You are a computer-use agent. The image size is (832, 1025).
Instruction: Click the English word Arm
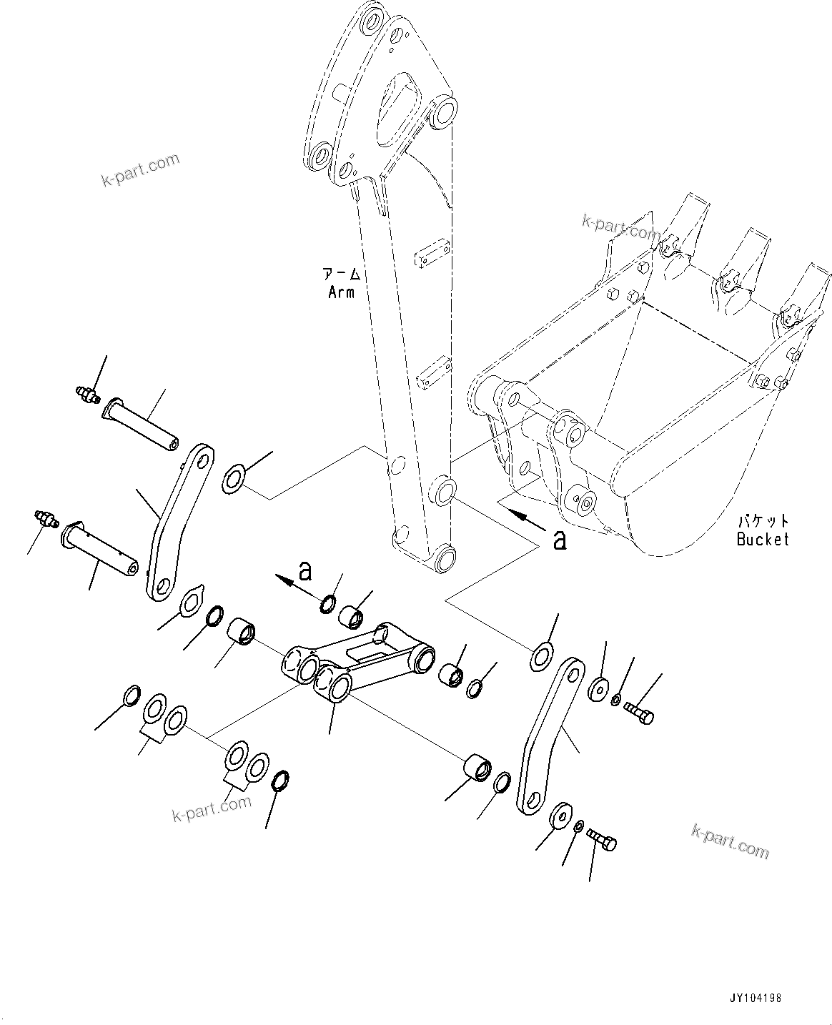(341, 292)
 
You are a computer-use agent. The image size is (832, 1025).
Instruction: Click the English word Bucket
(762, 539)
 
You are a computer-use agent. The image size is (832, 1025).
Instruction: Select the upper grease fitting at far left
(86, 394)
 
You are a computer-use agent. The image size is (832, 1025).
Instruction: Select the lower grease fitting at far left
(45, 518)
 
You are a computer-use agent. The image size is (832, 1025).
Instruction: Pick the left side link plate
(179, 522)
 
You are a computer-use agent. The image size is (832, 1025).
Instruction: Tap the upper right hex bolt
(638, 712)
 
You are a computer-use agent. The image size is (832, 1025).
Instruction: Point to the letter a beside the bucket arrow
(560, 540)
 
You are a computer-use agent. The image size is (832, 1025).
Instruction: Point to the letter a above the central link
(305, 571)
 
